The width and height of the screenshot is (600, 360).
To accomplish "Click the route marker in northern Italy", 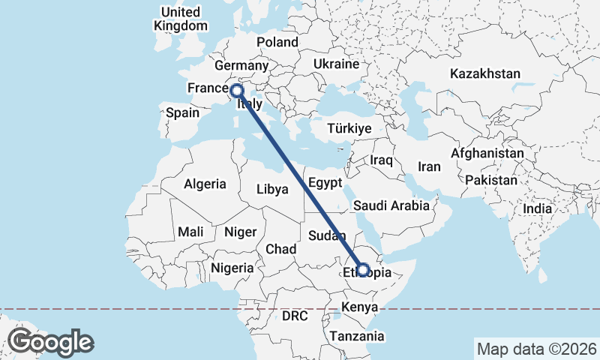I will pyautogui.click(x=237, y=91).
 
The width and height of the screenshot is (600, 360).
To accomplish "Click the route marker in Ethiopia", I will pyautogui.click(x=363, y=269).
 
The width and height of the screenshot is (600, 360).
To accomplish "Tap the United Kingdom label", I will pyautogui.click(x=181, y=19).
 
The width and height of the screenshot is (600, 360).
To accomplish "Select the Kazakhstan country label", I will pyautogui.click(x=484, y=73).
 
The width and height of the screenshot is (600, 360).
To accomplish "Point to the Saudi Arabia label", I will pyautogui.click(x=391, y=205).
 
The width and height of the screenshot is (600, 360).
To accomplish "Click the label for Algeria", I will pyautogui.click(x=205, y=184).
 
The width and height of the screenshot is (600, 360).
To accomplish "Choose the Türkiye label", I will pyautogui.click(x=349, y=128).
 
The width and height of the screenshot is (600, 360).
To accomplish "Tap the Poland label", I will pyautogui.click(x=277, y=42).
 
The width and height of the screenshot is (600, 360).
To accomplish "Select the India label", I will pyautogui.click(x=537, y=209).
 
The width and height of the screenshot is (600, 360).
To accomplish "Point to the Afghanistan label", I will pyautogui.click(x=487, y=153).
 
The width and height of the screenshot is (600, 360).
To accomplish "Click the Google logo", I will pyautogui.click(x=50, y=342).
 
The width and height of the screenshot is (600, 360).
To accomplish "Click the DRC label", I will pyautogui.click(x=295, y=316).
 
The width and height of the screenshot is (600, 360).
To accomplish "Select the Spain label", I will pyautogui.click(x=182, y=113).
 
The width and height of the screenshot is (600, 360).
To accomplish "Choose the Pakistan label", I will pyautogui.click(x=491, y=181).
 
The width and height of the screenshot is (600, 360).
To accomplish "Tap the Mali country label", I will pyautogui.click(x=191, y=232).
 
